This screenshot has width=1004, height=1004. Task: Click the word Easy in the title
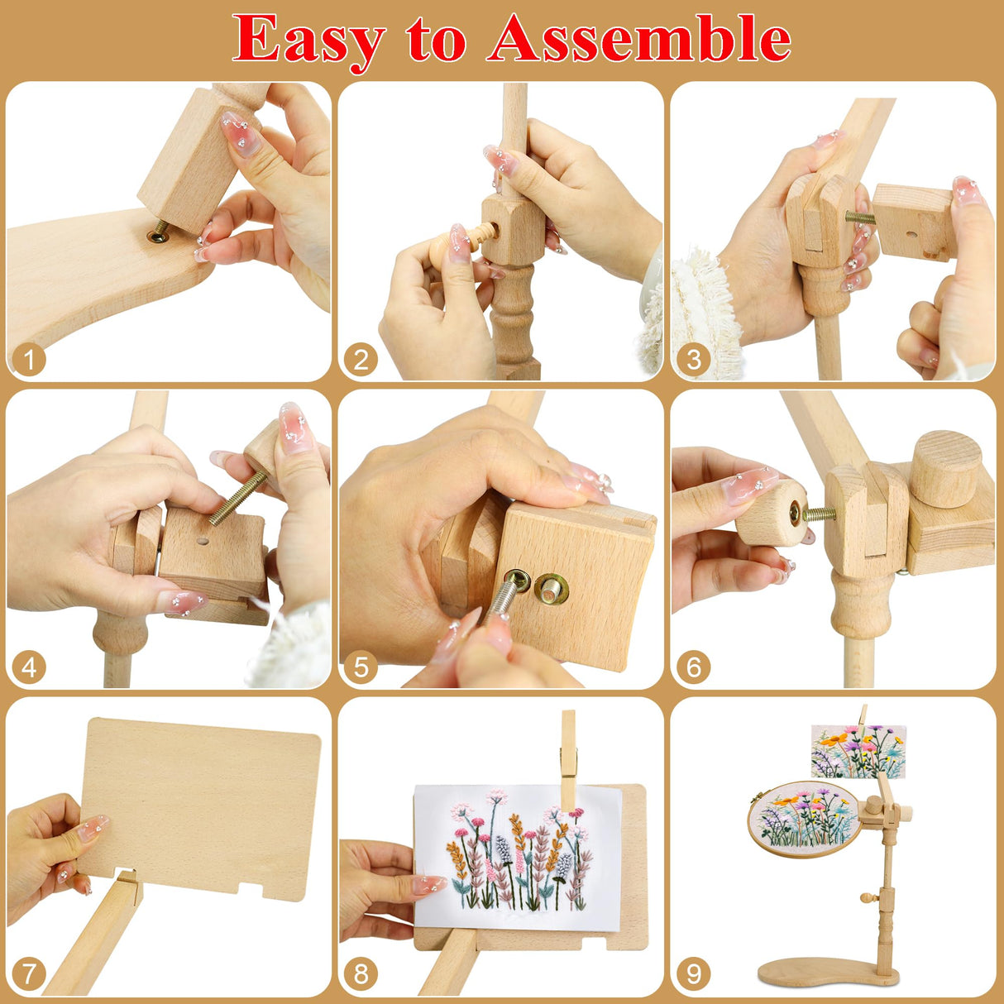(308, 40)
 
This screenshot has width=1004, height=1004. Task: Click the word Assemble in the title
(638, 38)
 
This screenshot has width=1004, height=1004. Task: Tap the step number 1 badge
(30, 360)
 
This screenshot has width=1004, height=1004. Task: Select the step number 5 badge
(361, 667)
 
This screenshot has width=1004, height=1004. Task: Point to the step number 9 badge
(693, 973)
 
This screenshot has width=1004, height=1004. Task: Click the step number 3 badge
(693, 360)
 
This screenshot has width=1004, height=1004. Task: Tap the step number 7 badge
(30, 973)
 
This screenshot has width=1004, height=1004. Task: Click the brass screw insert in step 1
(157, 236)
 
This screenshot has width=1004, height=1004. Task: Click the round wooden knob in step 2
(446, 243)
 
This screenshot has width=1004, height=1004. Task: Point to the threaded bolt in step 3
(859, 218)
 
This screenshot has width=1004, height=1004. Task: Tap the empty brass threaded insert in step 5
(550, 589)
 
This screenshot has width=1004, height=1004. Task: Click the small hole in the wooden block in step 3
(911, 234)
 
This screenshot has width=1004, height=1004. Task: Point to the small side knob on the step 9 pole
(867, 897)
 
